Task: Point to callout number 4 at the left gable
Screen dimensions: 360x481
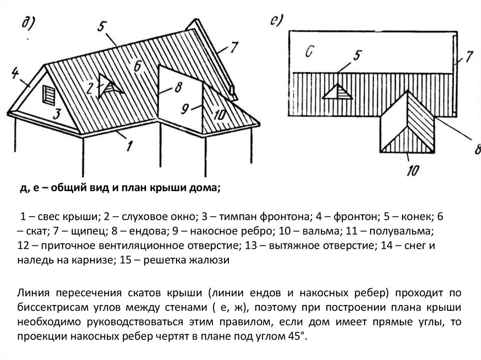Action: (15, 73)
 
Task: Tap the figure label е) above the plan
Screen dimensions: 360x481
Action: (276, 21)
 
